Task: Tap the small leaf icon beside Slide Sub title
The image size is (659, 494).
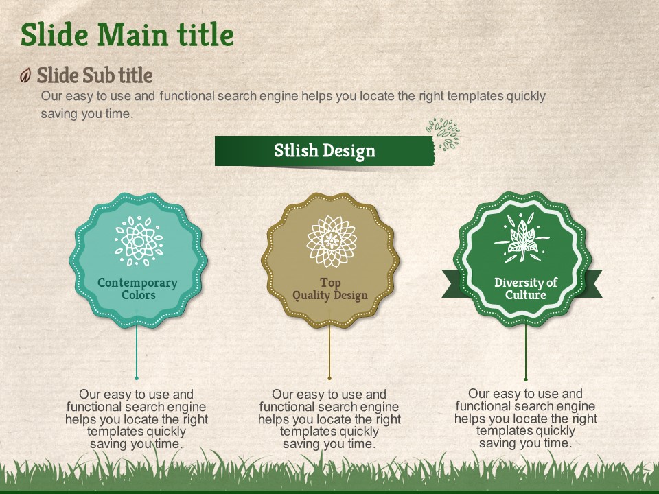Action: (x=25, y=75)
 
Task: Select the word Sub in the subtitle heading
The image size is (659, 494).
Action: (x=97, y=75)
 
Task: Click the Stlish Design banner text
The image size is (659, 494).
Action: (x=325, y=151)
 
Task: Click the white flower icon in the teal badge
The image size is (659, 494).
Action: (x=139, y=241)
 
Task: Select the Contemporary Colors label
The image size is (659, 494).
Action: (x=137, y=289)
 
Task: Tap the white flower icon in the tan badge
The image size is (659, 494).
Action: (x=331, y=241)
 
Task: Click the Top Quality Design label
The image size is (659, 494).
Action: (x=330, y=289)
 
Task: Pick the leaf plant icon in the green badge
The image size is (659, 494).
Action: (x=522, y=237)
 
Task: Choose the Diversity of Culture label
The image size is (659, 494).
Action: (x=525, y=288)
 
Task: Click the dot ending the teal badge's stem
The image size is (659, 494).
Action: (x=137, y=378)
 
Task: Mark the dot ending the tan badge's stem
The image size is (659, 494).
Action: (x=329, y=378)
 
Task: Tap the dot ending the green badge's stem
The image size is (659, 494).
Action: (x=526, y=379)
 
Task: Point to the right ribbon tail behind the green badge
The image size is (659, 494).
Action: (x=592, y=283)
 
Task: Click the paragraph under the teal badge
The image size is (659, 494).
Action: (x=137, y=419)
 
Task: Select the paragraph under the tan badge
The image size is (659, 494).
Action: (x=329, y=419)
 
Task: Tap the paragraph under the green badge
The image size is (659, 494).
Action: (x=526, y=418)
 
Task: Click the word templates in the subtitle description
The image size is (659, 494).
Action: (x=475, y=96)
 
